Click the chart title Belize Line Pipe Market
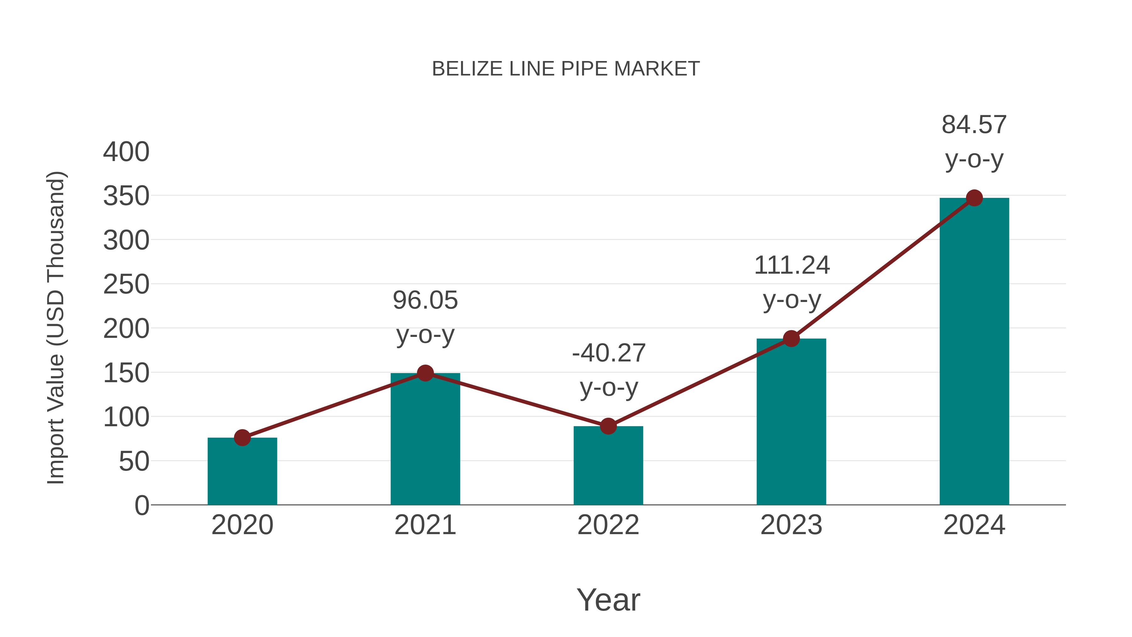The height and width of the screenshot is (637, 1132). [566, 69]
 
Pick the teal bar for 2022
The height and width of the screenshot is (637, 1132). [608, 466]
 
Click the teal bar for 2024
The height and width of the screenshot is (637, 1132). [974, 351]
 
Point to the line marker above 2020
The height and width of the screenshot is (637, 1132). [242, 438]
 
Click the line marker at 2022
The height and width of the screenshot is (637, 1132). [608, 426]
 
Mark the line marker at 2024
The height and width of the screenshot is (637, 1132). [974, 198]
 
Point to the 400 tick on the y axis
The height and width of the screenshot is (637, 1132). [126, 152]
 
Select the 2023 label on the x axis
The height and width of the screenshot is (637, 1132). [791, 525]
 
